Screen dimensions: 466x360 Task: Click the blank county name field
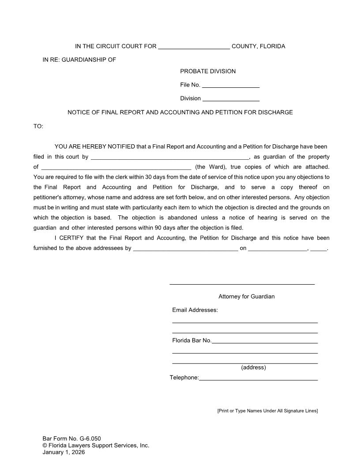tap(194, 47)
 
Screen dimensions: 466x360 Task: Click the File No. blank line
tap(231, 85)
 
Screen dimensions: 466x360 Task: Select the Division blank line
tap(231, 98)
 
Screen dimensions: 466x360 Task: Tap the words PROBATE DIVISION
tap(208, 71)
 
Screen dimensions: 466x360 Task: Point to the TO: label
tap(38, 127)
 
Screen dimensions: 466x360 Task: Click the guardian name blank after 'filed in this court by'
tap(169, 157)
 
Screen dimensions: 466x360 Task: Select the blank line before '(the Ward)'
tap(116, 167)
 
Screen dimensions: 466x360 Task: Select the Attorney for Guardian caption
tap(246, 297)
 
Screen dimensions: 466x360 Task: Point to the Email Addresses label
tap(195, 310)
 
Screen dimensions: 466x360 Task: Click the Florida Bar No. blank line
tap(265, 341)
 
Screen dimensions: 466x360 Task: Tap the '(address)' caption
tap(253, 368)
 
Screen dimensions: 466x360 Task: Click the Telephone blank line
tap(258, 378)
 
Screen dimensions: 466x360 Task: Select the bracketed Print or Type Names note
tap(267, 411)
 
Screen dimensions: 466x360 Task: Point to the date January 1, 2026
tap(64, 452)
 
